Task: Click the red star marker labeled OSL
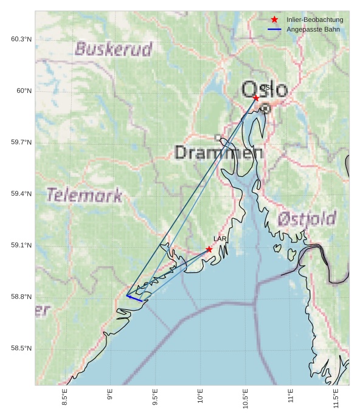256,98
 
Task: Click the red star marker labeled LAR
209,249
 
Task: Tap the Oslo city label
265,89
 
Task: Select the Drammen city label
219,152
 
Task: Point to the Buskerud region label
113,49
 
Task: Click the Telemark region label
85,195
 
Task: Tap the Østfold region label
307,219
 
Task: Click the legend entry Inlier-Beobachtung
314,19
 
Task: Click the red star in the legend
274,19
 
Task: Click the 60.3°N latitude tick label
21,40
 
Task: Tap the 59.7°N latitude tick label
21,142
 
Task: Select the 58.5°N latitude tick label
21,348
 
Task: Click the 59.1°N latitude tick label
21,246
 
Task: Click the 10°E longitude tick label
201,396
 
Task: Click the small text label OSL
265,88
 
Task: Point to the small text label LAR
220,239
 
